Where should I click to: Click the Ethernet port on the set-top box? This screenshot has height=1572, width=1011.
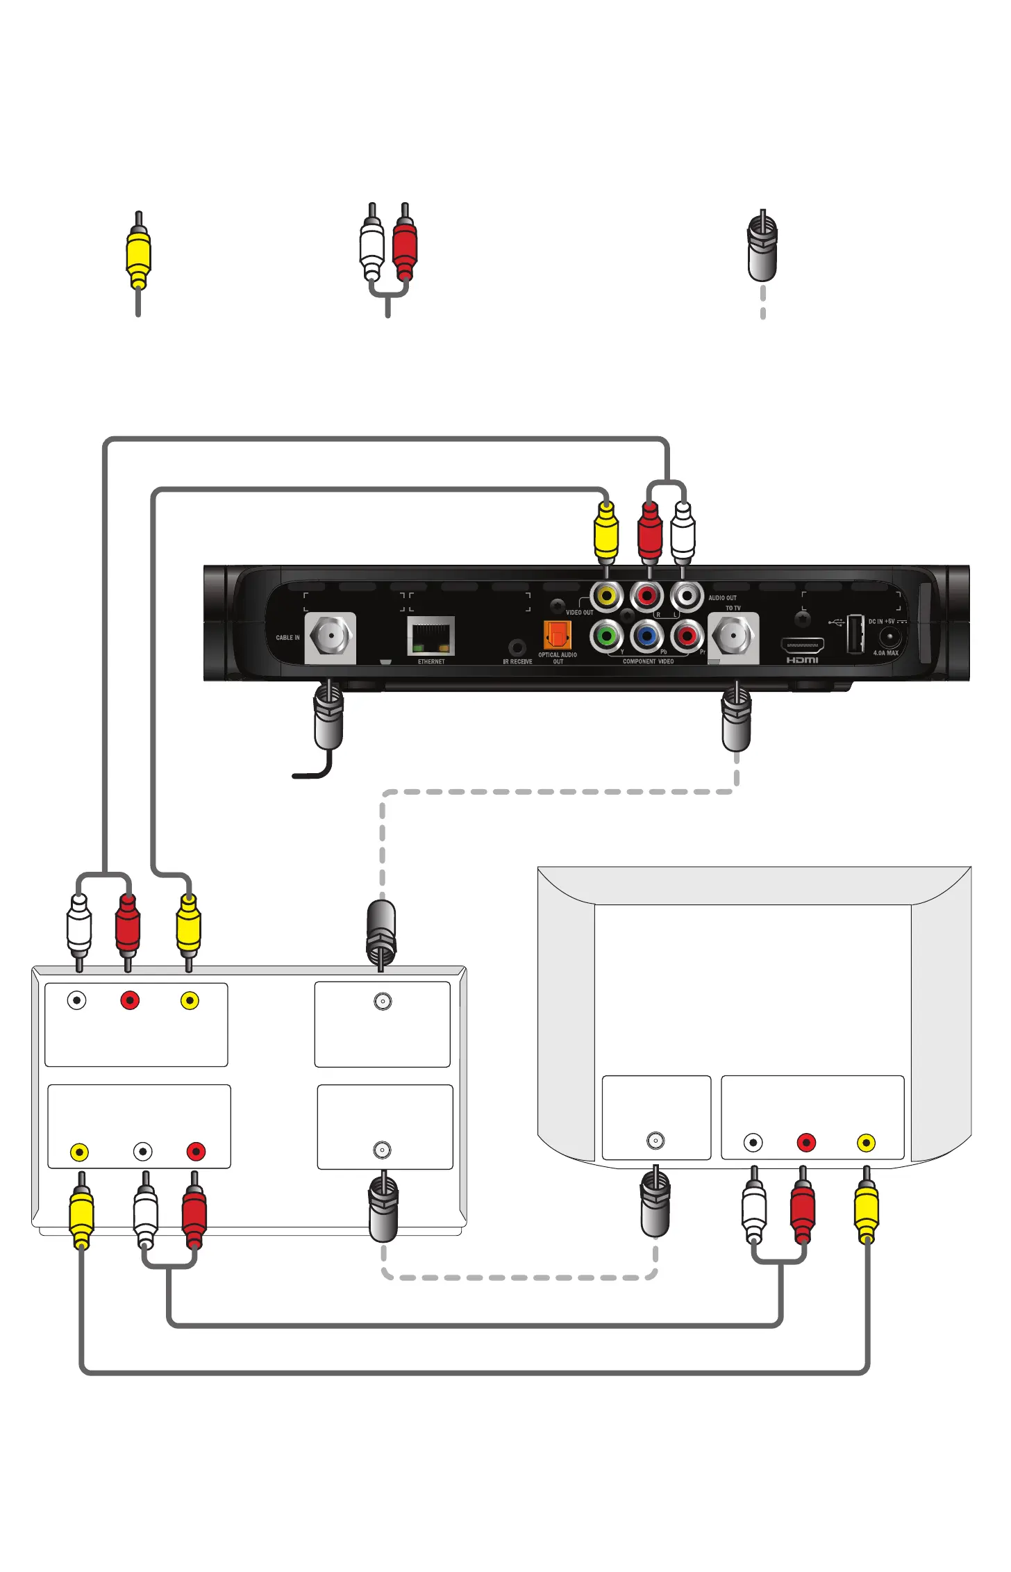tap(431, 636)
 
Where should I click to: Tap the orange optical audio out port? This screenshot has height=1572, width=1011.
tap(557, 635)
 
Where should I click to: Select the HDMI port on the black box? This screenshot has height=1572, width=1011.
tap(802, 645)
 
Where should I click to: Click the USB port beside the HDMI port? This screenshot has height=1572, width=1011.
tap(855, 634)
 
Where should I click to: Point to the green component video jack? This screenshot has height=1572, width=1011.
tap(607, 636)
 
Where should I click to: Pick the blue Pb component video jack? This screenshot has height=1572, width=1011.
tap(647, 636)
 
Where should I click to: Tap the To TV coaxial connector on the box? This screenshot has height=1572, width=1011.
tap(733, 636)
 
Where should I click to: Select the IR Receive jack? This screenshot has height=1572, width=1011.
tap(517, 647)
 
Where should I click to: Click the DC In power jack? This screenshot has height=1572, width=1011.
tap(889, 636)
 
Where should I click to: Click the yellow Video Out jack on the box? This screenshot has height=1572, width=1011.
tap(607, 596)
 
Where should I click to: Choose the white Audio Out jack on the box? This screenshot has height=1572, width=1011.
tap(687, 596)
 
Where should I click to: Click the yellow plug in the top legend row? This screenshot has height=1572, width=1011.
tap(138, 254)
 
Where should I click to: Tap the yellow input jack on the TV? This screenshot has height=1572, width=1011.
tap(866, 1143)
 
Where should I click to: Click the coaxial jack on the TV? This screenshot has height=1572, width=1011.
tap(655, 1141)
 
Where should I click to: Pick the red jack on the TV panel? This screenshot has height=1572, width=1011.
tap(806, 1143)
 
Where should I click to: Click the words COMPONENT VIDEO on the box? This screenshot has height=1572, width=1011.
tap(648, 661)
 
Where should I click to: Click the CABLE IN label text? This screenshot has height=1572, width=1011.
tap(287, 638)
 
